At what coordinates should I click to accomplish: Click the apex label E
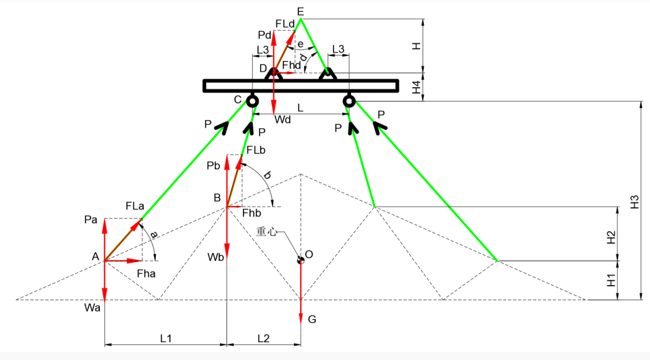300,11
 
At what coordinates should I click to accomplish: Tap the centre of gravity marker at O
300,260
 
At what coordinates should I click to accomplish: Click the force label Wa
92,309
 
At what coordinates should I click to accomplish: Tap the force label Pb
214,166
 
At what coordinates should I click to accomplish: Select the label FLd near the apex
285,23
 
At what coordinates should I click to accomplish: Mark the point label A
96,256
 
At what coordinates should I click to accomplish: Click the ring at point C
252,102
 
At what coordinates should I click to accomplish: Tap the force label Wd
283,119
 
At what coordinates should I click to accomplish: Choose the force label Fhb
252,213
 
